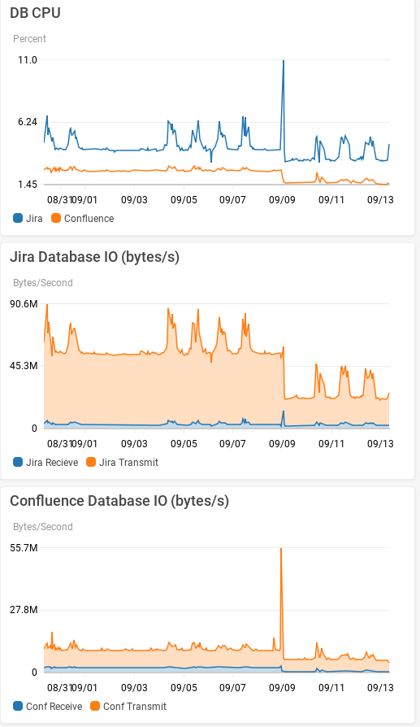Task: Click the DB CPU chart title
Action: (x=35, y=13)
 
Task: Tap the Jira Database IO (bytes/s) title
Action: (x=94, y=257)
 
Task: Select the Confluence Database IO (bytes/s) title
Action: (x=119, y=501)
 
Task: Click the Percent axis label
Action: (x=29, y=39)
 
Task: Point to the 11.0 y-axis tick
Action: (x=28, y=60)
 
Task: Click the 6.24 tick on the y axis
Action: (x=28, y=122)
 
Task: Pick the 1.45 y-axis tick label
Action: (x=28, y=185)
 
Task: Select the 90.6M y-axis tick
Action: (x=24, y=304)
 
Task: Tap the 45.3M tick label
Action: (x=24, y=366)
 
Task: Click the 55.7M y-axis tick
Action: (x=24, y=548)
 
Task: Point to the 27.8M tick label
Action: (x=24, y=610)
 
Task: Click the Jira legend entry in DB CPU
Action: (x=28, y=219)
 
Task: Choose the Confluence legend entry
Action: (x=83, y=219)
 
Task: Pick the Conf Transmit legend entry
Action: (x=128, y=707)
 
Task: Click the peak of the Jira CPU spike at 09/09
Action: (x=284, y=61)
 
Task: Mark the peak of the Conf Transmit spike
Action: (x=281, y=549)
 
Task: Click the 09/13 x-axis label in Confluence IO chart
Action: (x=380, y=687)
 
